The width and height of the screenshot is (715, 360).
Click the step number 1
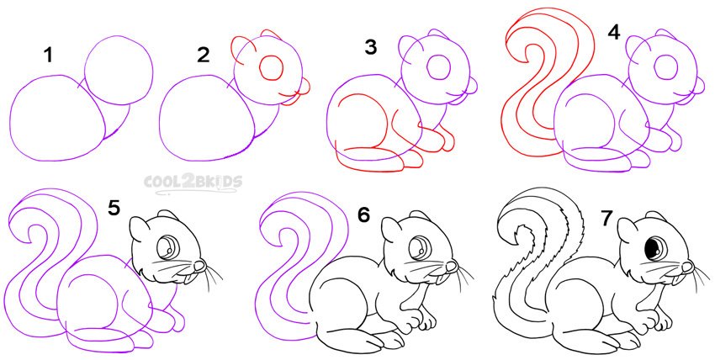[48, 56]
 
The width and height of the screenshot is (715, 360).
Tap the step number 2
[204, 56]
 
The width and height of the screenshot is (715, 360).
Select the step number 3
[371, 47]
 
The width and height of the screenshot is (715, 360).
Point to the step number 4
[614, 32]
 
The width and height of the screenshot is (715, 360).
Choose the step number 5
[114, 209]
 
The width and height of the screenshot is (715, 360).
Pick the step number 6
[363, 215]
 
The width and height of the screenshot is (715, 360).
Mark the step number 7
[605, 220]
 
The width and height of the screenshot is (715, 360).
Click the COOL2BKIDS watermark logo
[193, 183]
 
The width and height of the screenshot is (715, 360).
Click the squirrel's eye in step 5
[167, 246]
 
